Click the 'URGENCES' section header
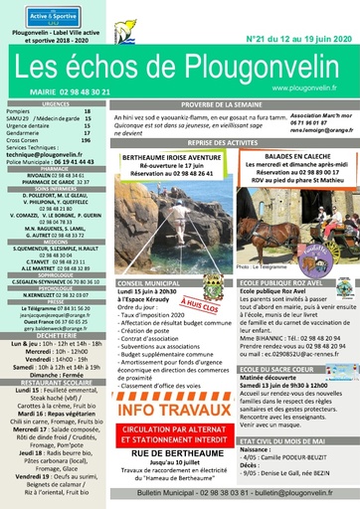tap(55, 102)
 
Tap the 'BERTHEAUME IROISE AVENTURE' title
tap(172, 158)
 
